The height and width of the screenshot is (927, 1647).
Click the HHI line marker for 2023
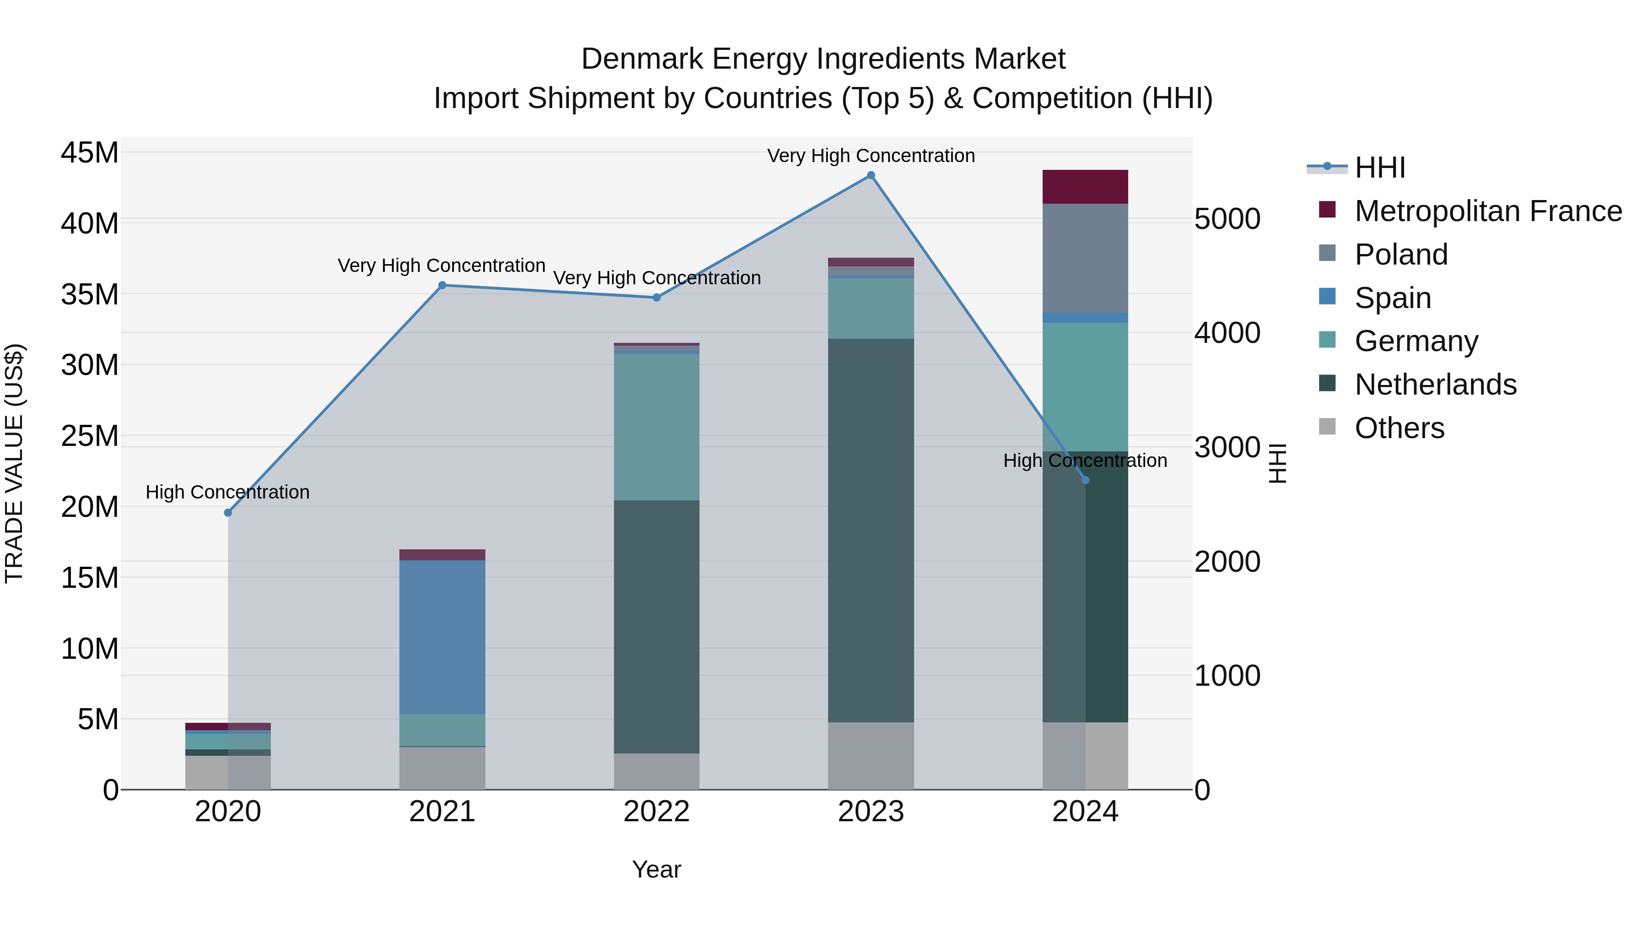click(871, 175)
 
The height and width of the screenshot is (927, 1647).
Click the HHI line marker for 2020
click(228, 512)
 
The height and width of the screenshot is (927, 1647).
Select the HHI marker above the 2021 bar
click(442, 285)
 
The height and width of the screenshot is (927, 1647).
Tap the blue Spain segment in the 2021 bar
click(442, 637)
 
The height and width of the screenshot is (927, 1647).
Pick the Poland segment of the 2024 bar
click(1085, 258)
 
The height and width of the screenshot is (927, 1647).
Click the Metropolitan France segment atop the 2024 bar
click(1085, 187)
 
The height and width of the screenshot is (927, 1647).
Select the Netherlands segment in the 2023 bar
click(871, 531)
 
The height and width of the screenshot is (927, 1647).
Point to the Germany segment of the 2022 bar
click(657, 427)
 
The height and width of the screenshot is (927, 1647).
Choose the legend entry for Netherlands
click(1435, 385)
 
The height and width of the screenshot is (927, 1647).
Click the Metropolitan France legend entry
click(1488, 211)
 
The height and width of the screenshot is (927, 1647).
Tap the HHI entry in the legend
click(1380, 168)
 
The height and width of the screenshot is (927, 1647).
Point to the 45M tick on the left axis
click(90, 153)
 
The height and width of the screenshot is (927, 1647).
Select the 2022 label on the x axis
click(657, 812)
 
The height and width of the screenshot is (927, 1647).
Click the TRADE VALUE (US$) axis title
click(14, 463)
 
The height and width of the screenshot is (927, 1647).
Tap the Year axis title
click(657, 869)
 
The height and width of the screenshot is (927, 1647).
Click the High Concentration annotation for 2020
click(228, 492)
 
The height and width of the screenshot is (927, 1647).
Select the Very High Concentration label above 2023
click(871, 156)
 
